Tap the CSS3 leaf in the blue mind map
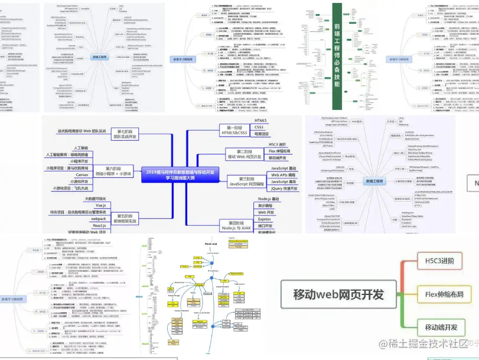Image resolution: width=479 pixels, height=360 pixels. (x=259, y=127)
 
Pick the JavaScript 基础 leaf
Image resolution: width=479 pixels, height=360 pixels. (x=284, y=169)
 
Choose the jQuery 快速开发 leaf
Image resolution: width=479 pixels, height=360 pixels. (x=284, y=189)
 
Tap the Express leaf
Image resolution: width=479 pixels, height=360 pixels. (x=264, y=219)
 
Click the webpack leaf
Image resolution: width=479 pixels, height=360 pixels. (x=98, y=219)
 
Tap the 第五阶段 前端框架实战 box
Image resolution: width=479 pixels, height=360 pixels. (x=127, y=218)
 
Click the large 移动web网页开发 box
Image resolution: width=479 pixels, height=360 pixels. (x=338, y=294)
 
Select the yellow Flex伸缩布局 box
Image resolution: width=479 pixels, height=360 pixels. (x=444, y=294)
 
